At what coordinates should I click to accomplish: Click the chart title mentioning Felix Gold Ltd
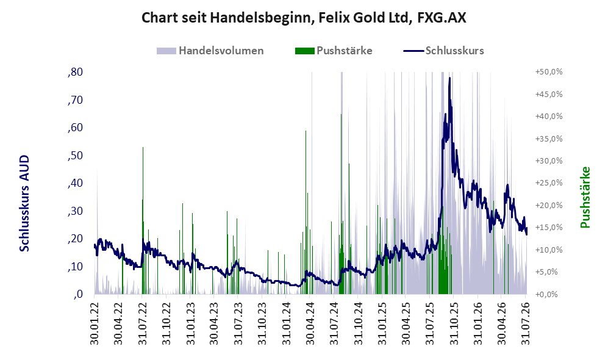coord(304,18)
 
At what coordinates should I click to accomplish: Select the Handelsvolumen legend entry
coord(210,51)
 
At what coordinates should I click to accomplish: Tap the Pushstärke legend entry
coord(334,51)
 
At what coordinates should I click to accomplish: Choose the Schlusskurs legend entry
coord(443,51)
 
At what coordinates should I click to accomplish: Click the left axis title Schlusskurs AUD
coord(24,203)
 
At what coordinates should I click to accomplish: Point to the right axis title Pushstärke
coord(585,198)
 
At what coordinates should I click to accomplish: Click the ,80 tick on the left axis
coord(75,72)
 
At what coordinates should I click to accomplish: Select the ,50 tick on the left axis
coord(75,155)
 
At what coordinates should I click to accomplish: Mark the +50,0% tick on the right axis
coord(549,72)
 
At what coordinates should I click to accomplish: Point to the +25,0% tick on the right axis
coord(549,182)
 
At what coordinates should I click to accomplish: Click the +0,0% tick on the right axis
coord(547,294)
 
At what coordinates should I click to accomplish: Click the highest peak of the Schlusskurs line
coord(449,78)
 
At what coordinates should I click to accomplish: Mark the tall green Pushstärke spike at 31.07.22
coord(143,220)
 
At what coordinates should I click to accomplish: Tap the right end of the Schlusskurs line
coord(526,234)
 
